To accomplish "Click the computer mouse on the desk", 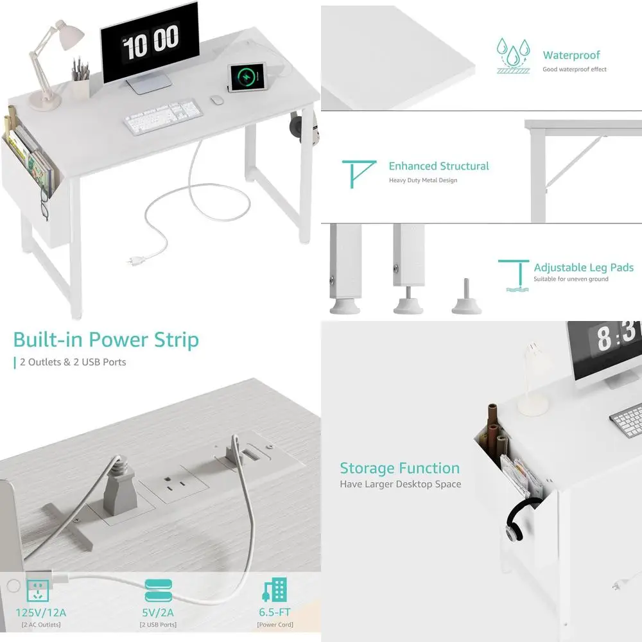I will click(216, 100).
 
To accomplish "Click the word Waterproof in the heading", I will click(571, 55).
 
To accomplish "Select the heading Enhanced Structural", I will click(438, 166).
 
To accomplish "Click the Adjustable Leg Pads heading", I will click(583, 268).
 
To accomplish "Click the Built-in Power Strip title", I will click(106, 340).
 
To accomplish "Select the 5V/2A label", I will click(158, 612).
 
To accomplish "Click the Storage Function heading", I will click(399, 468).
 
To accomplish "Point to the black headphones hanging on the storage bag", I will click(518, 520).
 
